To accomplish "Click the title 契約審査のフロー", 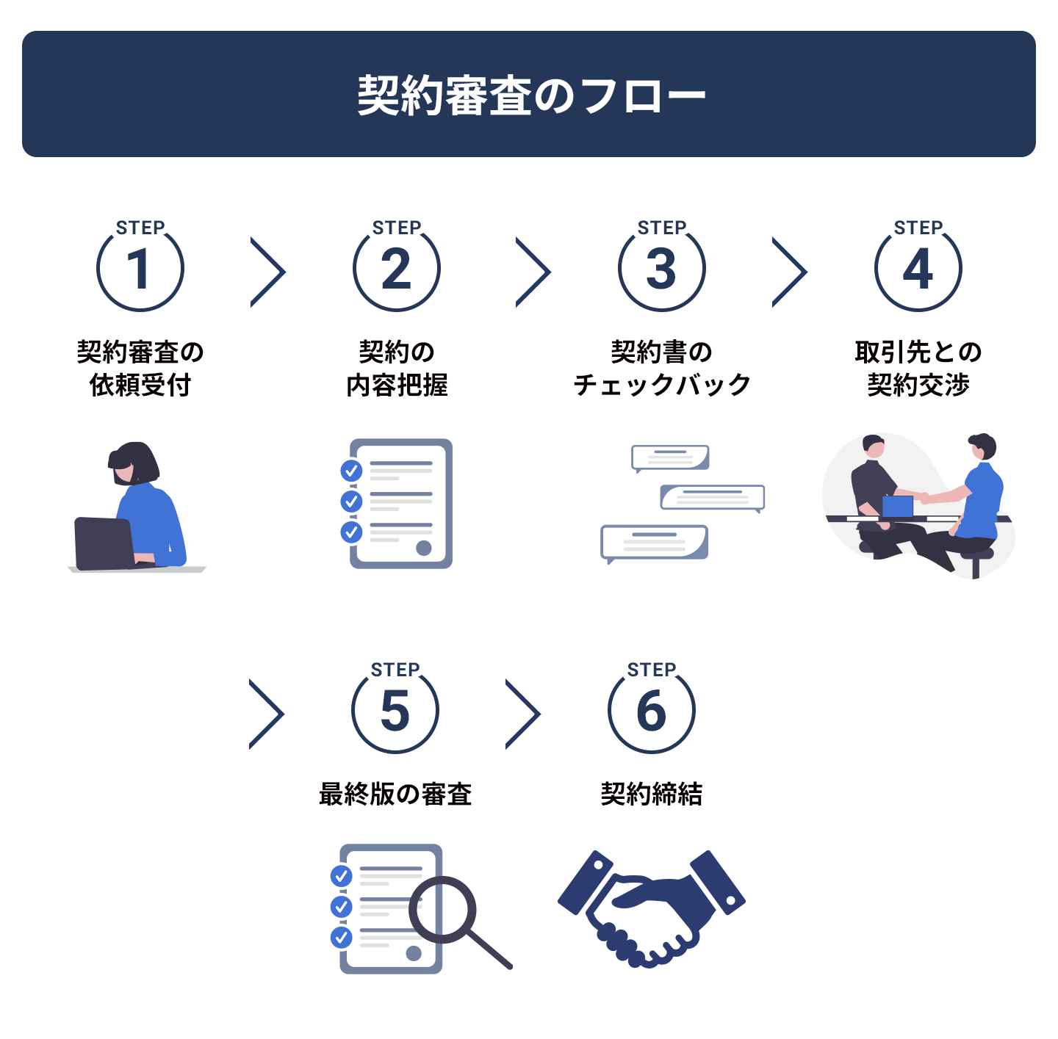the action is tap(531, 95).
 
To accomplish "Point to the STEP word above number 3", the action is tap(661, 227).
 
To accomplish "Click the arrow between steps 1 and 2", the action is tap(268, 272).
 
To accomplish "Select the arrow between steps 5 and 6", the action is tap(523, 714).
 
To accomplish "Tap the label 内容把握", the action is tap(397, 385).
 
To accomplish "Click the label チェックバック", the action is tap(661, 385).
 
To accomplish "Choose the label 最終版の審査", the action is tap(395, 794).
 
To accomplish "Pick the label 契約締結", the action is tap(652, 794).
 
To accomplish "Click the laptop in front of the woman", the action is tap(104, 543).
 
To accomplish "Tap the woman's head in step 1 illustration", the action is tap(133, 464).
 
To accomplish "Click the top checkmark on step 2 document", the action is tap(351, 471).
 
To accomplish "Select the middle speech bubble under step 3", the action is tap(713, 498).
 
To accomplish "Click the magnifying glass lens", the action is tap(442, 909).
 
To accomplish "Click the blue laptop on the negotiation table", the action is tap(898, 506).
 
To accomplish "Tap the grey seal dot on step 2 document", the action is tap(424, 548).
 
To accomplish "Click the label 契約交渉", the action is tap(918, 385).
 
